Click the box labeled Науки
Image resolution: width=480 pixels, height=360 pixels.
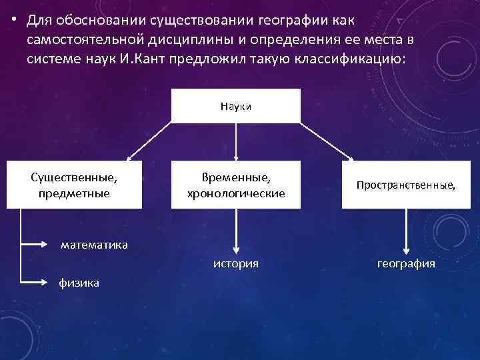235,106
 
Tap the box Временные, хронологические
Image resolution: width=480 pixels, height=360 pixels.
235,185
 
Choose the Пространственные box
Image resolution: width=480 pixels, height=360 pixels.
406,185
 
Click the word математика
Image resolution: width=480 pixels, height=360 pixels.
94,245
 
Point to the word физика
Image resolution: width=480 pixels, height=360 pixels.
79,283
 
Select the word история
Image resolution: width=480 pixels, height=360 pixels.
235,264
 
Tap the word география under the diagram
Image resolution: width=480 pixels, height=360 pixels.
406,264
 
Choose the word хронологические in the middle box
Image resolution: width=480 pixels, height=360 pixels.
235,193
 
